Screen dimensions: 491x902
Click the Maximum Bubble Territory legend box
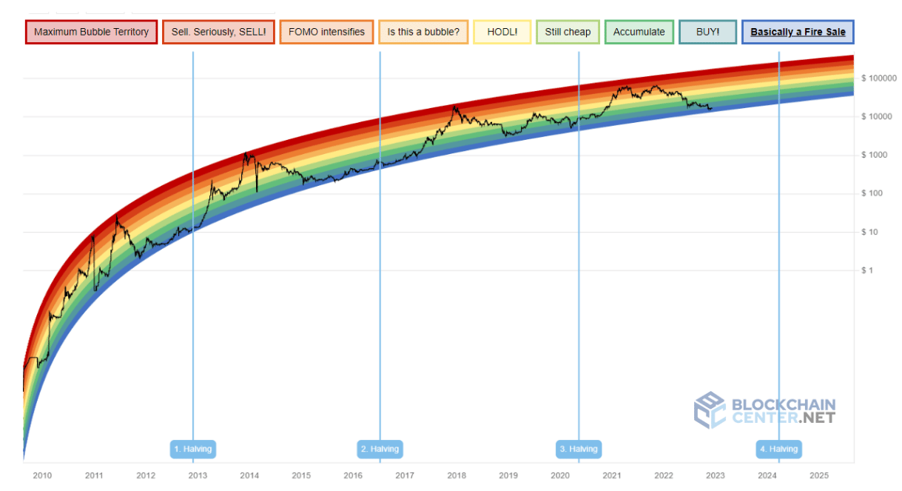click(91, 33)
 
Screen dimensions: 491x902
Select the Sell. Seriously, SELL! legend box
click(218, 33)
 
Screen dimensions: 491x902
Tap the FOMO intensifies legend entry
click(326, 33)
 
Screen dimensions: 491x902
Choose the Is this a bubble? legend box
click(423, 33)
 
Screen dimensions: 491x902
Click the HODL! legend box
click(502, 33)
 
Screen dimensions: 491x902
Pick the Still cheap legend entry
click(568, 33)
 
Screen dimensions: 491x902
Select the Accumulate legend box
click(639, 33)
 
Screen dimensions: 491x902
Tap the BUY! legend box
click(707, 33)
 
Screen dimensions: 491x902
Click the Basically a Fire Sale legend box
click(798, 33)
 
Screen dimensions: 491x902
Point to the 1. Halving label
click(193, 449)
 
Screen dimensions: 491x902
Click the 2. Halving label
click(380, 449)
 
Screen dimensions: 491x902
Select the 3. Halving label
click(579, 449)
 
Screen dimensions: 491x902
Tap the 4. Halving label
click(778, 449)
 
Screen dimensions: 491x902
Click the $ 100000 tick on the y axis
click(878, 79)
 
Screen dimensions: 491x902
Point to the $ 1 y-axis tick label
click(867, 271)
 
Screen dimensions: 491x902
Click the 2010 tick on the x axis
click(42, 475)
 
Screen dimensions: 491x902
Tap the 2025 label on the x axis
click(819, 475)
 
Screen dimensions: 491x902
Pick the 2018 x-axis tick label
click(457, 475)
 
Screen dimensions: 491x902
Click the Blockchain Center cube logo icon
click(709, 410)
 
